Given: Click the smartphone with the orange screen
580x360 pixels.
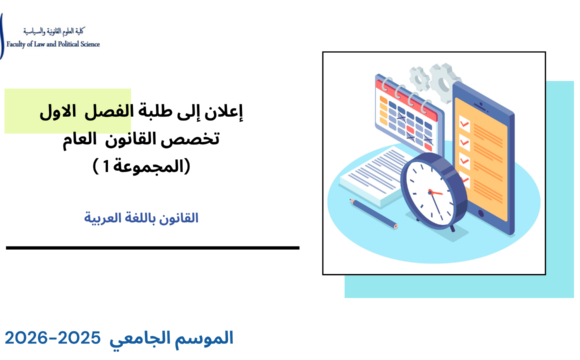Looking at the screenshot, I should pos(494,150).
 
